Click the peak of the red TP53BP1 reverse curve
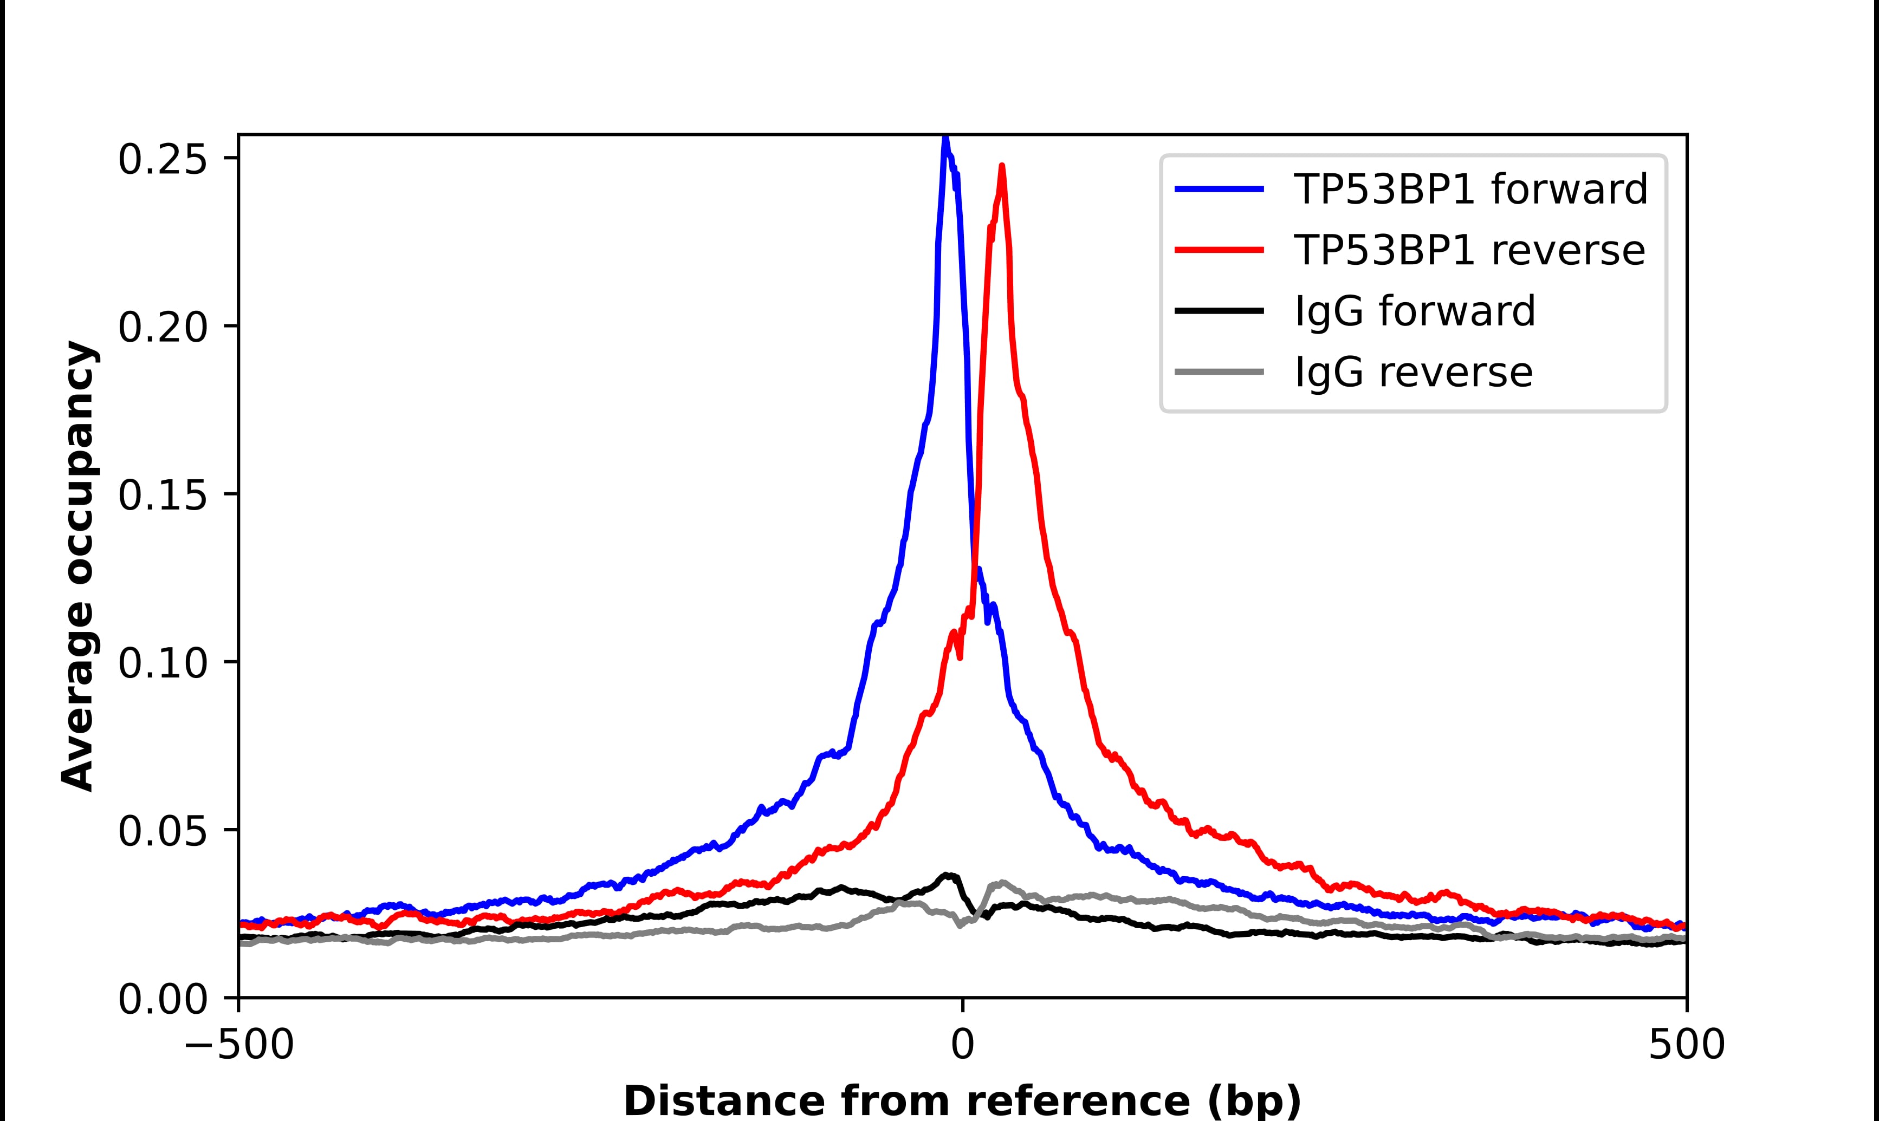[x=1002, y=167]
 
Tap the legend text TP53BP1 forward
[x=1470, y=189]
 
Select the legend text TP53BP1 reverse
[x=1469, y=250]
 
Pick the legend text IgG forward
[x=1414, y=311]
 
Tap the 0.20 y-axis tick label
[x=163, y=328]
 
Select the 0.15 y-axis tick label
[x=163, y=496]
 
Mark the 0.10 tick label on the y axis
[x=163, y=663]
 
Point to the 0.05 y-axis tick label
[x=163, y=831]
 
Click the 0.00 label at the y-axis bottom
[x=163, y=999]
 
